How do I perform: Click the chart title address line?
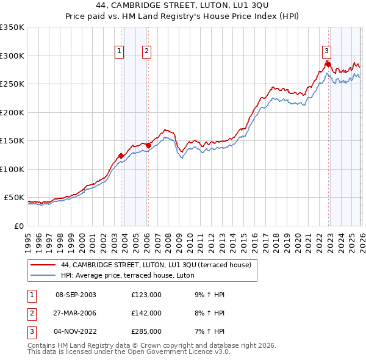[x=182, y=5]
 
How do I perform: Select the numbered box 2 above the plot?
[x=148, y=51]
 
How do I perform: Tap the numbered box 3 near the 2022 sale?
[x=326, y=51]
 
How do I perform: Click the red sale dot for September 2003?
[x=121, y=156]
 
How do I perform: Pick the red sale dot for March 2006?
[x=148, y=145]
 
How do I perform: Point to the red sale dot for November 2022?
[x=328, y=64]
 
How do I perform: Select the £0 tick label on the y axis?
[x=18, y=226]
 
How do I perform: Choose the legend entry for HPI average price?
[x=127, y=275]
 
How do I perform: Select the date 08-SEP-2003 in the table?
[x=76, y=295]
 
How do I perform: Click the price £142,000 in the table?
[x=146, y=313]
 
